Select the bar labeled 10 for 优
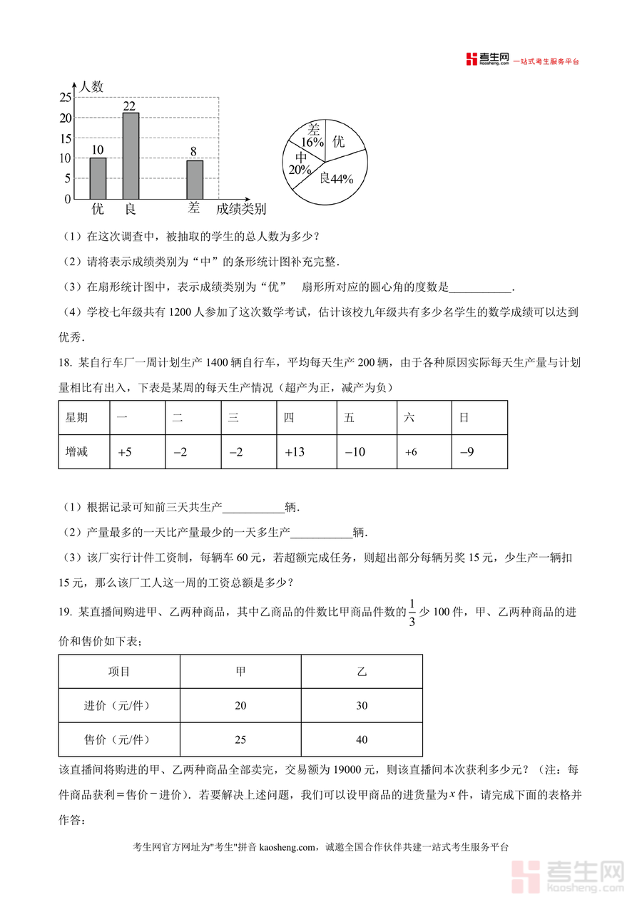click(x=98, y=178)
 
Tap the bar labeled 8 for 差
click(x=195, y=180)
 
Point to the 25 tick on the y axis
click(x=65, y=97)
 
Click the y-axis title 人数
click(x=91, y=87)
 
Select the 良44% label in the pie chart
click(x=337, y=179)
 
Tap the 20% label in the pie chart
click(x=300, y=170)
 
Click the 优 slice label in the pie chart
click(x=338, y=141)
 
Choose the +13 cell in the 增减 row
click(x=295, y=452)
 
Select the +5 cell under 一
click(x=125, y=452)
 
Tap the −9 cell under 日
click(x=467, y=452)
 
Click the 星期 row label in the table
click(x=77, y=418)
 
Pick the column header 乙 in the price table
click(x=362, y=672)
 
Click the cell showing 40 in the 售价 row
click(x=362, y=739)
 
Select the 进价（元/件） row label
click(x=119, y=706)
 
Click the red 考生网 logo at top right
click(x=487, y=60)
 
